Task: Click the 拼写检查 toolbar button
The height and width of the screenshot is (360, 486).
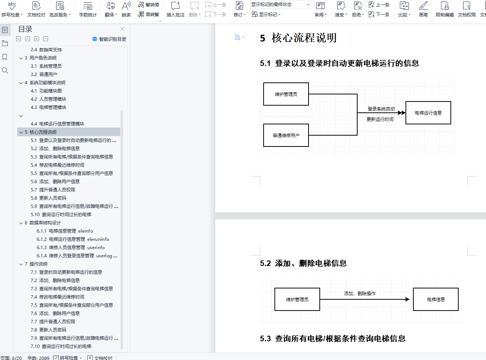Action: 11,9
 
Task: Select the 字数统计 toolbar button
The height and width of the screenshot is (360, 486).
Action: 88,9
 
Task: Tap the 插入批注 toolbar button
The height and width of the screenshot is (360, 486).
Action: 175,9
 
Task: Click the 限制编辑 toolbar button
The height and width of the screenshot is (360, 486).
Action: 444,9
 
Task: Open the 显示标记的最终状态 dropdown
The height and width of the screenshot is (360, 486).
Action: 280,4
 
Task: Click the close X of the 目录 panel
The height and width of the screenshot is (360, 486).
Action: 122,29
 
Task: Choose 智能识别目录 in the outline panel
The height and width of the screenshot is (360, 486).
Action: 109,39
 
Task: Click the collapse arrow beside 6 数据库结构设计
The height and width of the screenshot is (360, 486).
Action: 21,223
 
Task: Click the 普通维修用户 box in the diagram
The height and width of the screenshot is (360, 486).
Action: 286,135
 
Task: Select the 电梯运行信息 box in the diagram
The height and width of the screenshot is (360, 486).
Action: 428,113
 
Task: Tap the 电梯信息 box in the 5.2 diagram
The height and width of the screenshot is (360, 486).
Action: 435,299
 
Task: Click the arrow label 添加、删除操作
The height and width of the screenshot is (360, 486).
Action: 359,294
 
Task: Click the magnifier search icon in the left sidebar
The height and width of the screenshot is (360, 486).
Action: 5,70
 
